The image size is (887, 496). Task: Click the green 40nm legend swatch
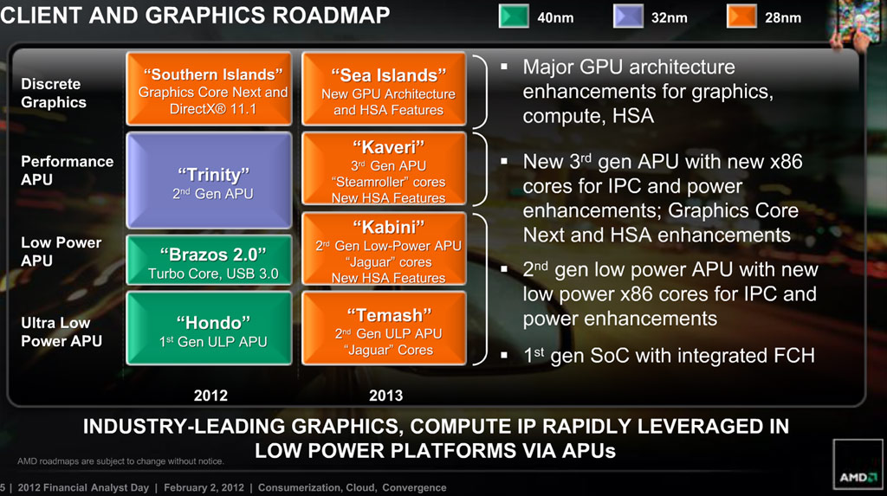pos(514,16)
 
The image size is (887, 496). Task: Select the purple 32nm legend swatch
pos(628,16)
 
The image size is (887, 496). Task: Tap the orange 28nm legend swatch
pos(741,16)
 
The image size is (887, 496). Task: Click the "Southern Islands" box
pos(210,89)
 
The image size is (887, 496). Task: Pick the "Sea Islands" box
pos(384,89)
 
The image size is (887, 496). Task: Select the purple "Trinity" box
pos(210,180)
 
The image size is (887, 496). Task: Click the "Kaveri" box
pos(384,169)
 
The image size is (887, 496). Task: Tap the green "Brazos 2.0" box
pos(210,261)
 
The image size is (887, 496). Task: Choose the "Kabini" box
pos(384,248)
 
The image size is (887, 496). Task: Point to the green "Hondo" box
pos(210,329)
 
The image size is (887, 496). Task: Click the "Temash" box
pos(384,329)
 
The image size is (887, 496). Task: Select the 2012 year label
pos(210,396)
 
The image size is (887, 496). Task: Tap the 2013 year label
pos(385,396)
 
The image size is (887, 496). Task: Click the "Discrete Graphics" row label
pos(54,93)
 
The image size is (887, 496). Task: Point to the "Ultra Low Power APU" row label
pos(62,332)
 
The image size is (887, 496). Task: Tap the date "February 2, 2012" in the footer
pos(204,487)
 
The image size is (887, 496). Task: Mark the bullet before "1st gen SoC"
pos(504,356)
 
